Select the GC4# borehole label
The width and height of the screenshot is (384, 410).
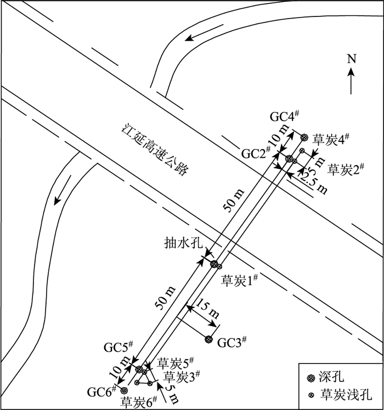tap(284, 116)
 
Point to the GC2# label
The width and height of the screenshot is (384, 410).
tap(256, 153)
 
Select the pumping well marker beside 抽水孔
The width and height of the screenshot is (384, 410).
tap(214, 264)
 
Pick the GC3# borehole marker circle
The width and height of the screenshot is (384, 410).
tap(208, 340)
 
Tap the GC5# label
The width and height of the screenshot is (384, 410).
tap(118, 348)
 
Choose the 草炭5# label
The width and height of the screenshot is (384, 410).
tap(176, 363)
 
